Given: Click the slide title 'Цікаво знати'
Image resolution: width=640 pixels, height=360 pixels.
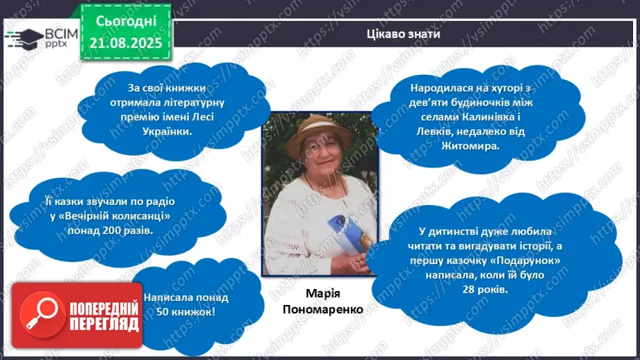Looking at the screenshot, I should coord(403,34).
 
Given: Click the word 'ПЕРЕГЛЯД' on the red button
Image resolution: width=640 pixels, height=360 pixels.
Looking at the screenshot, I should coord(103,324).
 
